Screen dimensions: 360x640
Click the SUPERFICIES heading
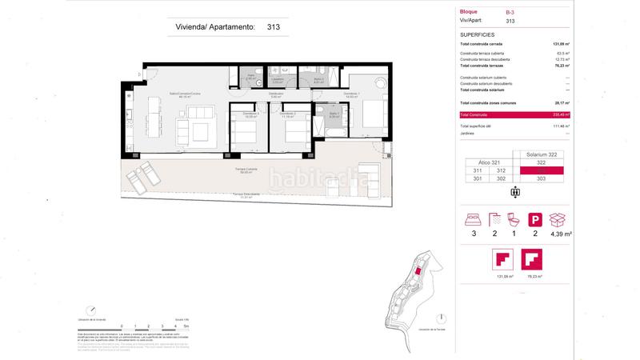coord(477,35)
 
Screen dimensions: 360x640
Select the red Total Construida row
coord(512,114)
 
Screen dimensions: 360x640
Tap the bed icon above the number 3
coord(477,218)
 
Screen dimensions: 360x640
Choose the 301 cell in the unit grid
coord(478,178)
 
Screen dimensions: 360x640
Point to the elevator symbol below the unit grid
coord(514,191)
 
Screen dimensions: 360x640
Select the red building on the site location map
coord(416,272)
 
